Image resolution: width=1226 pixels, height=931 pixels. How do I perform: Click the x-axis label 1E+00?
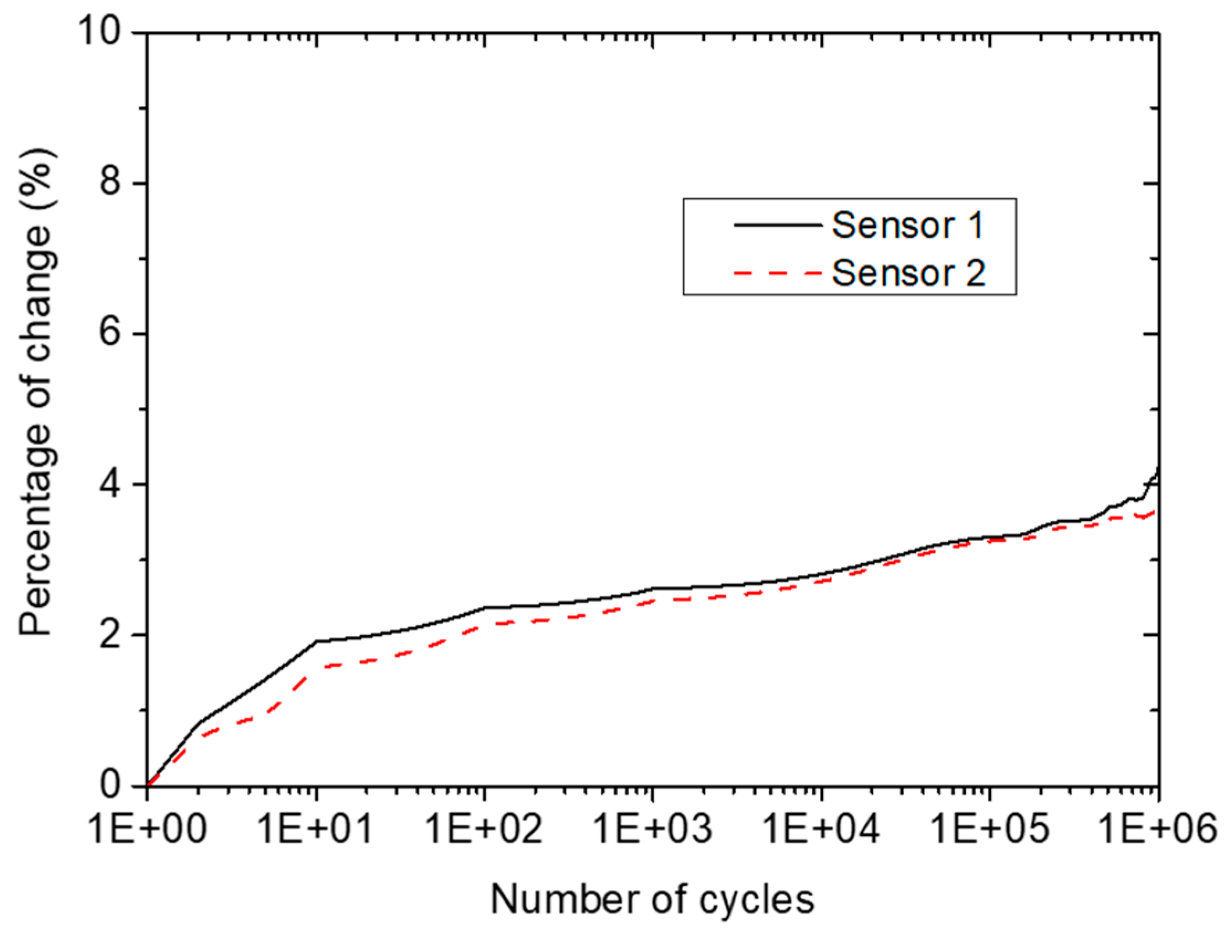149,830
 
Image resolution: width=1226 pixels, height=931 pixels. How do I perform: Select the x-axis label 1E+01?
317,830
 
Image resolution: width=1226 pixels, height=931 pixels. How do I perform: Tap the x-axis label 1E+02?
486,830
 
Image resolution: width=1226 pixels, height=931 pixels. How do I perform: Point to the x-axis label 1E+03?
654,830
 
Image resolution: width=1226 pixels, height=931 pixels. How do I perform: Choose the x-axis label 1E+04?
823,830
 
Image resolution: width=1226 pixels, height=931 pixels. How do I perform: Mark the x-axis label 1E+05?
991,830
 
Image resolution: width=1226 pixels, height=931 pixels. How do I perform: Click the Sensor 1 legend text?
908,225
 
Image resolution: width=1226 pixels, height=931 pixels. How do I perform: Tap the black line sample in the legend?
777,224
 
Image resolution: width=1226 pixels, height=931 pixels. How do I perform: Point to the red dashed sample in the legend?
777,272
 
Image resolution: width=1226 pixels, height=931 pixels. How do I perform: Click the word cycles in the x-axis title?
757,900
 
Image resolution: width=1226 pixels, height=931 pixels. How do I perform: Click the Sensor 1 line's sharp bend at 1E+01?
317,641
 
